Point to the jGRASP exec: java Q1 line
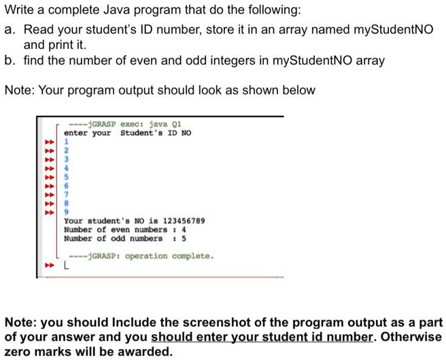point(125,124)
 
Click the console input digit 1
point(66,142)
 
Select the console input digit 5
point(66,177)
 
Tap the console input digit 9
point(66,212)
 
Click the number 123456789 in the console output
point(184,220)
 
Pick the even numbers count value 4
point(184,229)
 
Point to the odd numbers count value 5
point(184,238)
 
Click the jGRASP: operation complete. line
point(141,256)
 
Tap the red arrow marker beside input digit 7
point(50,195)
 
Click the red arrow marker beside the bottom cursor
point(50,265)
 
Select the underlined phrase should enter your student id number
point(262,337)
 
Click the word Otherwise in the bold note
point(411,337)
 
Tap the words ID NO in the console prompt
point(179,133)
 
